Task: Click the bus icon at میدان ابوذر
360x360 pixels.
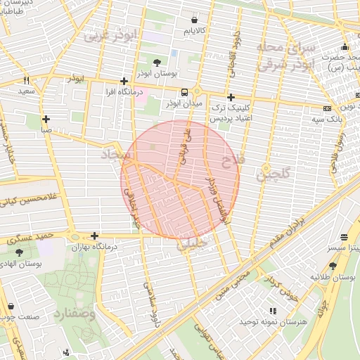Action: point(184,92)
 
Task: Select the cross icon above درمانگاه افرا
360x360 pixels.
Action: point(124,82)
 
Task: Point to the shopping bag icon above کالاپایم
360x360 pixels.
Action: point(194,20)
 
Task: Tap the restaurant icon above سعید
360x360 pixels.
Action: point(27,80)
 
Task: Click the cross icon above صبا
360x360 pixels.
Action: point(46,119)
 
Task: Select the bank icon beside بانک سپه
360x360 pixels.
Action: point(327,108)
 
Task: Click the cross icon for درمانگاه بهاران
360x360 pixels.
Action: point(94,236)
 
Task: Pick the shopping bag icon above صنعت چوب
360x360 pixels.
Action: point(11,307)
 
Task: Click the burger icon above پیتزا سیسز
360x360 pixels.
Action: point(343,238)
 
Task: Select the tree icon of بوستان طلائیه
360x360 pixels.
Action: point(333,266)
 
